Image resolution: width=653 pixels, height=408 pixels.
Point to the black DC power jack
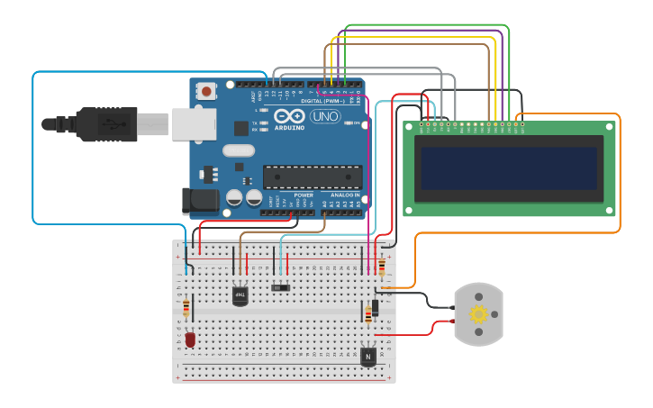[x=198, y=201]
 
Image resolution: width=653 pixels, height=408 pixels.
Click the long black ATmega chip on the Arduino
[x=312, y=177]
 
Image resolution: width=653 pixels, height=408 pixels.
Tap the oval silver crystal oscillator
[x=239, y=150]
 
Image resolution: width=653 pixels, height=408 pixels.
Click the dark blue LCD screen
[x=509, y=168]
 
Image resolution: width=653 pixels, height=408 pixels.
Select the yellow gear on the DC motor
[x=478, y=314]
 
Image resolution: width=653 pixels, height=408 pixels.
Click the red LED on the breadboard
[x=190, y=340]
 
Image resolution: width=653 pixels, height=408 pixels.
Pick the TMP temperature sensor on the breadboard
[x=240, y=295]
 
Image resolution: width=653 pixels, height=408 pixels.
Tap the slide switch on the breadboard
[x=281, y=287]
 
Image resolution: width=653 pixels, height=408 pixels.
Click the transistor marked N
[x=367, y=357]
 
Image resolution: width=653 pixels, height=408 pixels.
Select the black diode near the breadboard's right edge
[x=374, y=306]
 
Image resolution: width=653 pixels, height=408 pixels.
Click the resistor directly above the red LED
[x=186, y=309]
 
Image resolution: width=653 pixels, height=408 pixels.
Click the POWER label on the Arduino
[x=304, y=195]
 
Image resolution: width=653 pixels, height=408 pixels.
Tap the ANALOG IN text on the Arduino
[x=345, y=195]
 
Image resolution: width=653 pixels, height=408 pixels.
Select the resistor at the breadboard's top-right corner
[x=381, y=267]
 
